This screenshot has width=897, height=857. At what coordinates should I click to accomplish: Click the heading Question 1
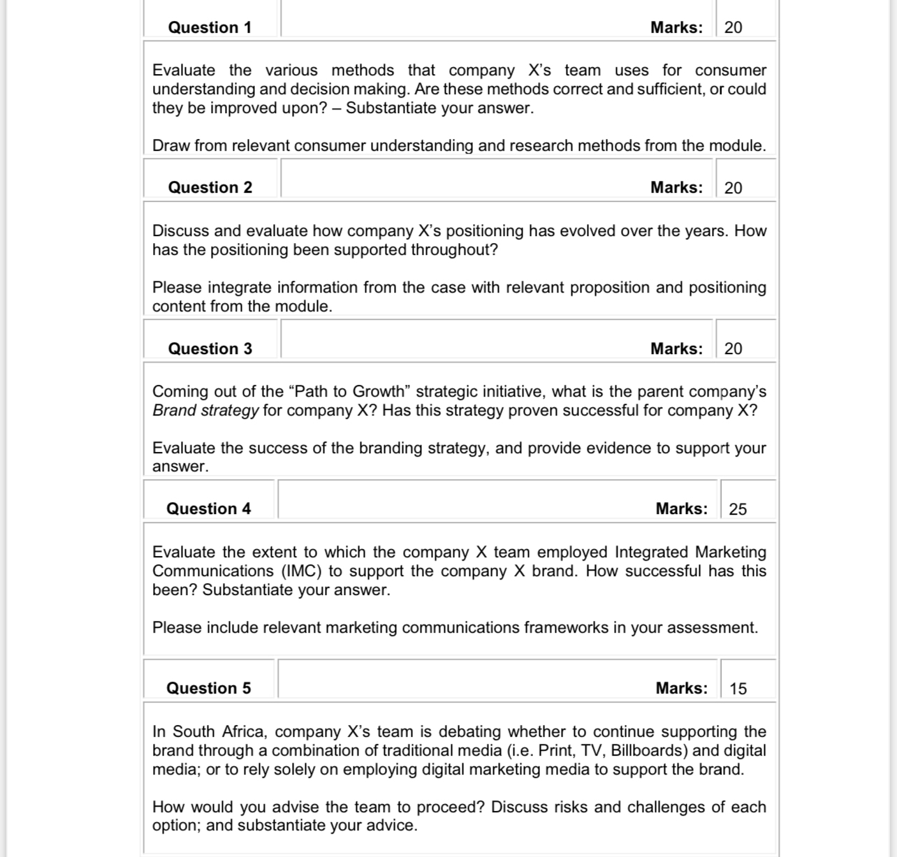point(210,27)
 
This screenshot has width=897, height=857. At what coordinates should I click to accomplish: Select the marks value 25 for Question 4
point(738,509)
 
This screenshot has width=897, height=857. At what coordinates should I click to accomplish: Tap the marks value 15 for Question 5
point(738,689)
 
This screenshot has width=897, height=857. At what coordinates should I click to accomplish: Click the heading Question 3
point(210,349)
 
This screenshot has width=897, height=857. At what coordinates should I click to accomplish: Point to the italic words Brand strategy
point(205,410)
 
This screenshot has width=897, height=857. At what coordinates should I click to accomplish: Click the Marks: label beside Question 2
point(676,187)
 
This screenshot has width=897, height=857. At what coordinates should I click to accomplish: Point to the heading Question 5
point(208,688)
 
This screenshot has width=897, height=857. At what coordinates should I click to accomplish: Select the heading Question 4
point(208,508)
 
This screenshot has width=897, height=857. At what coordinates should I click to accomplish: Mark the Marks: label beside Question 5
point(681,688)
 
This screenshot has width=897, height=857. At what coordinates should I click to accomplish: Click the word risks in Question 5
point(571,807)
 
